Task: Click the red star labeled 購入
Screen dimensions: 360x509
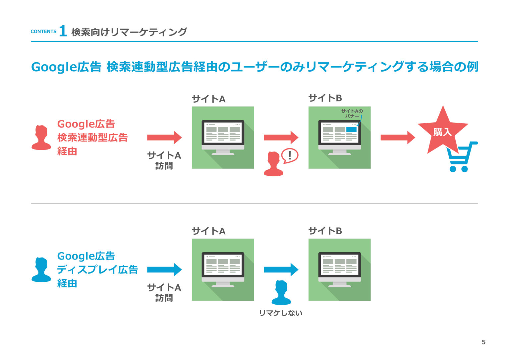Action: tap(442, 131)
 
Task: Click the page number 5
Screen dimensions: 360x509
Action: tap(483, 342)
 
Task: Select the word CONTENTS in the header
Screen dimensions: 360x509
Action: tap(43, 31)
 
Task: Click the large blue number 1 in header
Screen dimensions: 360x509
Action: tap(63, 31)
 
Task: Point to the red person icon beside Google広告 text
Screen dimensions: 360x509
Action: tap(41, 138)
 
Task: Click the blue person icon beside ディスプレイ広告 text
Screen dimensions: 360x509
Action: tap(41, 270)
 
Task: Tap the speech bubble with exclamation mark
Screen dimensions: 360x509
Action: tap(290, 155)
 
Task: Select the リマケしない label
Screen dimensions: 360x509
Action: tap(280, 313)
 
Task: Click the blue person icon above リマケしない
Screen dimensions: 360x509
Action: tap(281, 293)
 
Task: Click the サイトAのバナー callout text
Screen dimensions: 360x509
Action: tap(352, 113)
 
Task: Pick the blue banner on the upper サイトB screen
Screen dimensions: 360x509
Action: tap(351, 129)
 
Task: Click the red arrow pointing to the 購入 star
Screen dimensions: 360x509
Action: tap(397, 138)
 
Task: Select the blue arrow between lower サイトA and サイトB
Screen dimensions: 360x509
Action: tap(281, 270)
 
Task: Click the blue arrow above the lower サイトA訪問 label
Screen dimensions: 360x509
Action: tap(164, 270)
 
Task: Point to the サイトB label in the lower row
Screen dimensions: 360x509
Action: tap(325, 231)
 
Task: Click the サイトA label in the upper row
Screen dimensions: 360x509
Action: tap(208, 99)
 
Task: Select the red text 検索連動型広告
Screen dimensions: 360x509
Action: tap(92, 138)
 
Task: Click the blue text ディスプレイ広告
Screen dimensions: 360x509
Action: tap(97, 270)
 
